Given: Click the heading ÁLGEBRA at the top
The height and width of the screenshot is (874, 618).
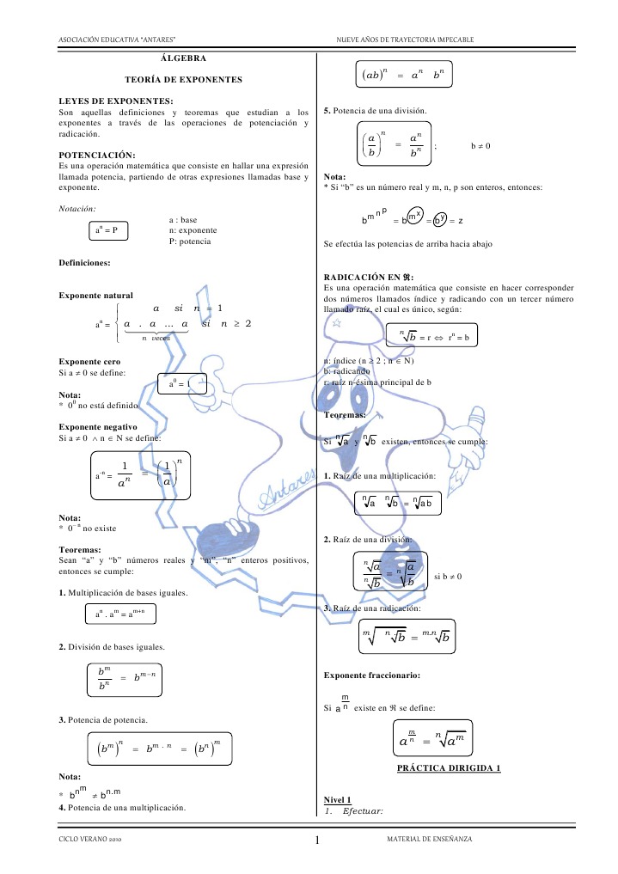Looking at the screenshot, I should pos(183,58).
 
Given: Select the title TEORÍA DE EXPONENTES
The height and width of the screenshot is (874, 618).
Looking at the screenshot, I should pos(183,79).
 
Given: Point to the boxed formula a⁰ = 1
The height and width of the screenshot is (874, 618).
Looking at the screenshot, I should pos(183,385).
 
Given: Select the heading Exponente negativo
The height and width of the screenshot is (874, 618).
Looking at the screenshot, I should pos(97,426).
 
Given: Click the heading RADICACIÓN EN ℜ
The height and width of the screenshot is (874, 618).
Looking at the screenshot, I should pos(369,277).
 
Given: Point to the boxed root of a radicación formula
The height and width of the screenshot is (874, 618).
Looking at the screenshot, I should pos(406,638).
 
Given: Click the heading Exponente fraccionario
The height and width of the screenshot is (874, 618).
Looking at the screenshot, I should pos(371,675).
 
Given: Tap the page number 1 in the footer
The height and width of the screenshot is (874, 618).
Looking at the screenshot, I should pos(318,840).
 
